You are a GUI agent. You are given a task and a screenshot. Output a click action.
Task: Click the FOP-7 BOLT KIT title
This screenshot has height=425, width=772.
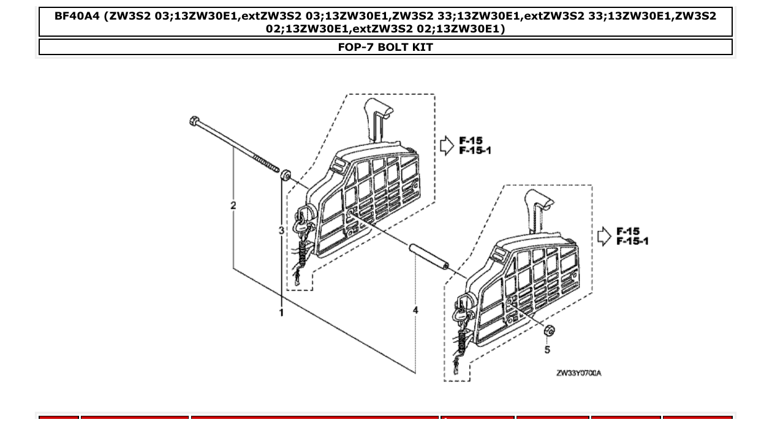(x=385, y=47)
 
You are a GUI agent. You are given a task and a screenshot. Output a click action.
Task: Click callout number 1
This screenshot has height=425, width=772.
(x=281, y=313)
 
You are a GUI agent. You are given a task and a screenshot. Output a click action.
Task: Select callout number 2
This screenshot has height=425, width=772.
(x=233, y=206)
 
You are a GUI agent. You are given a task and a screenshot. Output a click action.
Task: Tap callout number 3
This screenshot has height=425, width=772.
(x=281, y=231)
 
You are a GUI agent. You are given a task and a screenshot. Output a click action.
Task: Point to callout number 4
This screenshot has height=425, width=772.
(x=415, y=310)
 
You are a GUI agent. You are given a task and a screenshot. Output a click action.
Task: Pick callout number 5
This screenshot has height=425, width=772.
(x=547, y=350)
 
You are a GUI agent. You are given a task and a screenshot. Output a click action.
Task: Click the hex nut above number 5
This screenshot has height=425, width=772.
(x=549, y=331)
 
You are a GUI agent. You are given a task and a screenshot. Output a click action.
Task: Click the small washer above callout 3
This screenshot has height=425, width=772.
(x=286, y=176)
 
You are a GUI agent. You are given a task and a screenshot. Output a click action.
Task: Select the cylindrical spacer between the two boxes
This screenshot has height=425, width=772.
(x=429, y=257)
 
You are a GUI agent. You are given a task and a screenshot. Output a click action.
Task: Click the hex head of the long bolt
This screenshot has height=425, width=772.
(x=194, y=121)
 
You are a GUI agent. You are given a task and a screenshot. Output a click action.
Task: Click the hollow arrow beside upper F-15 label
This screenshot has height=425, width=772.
(x=447, y=145)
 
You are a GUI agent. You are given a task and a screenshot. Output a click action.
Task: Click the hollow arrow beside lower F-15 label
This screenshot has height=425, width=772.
(x=604, y=236)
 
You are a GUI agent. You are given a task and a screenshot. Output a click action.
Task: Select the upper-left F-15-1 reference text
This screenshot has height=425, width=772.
(x=475, y=151)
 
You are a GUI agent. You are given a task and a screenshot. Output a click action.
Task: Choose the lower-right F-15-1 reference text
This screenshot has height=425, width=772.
(x=632, y=241)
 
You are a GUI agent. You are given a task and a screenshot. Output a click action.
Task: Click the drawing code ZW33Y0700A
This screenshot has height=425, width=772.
(x=578, y=373)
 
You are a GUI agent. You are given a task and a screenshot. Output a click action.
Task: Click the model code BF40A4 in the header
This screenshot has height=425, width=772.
(x=78, y=16)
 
